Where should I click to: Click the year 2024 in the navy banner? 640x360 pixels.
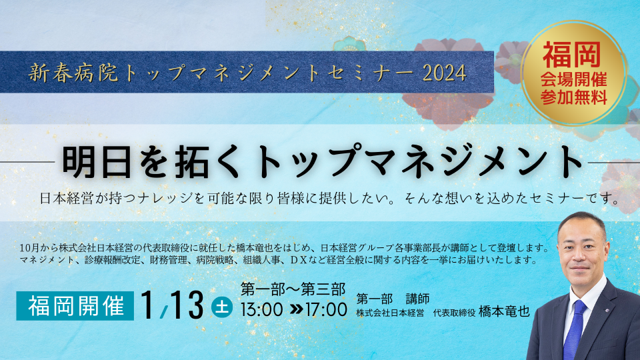[444, 73]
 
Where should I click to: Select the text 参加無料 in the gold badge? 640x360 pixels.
[573, 97]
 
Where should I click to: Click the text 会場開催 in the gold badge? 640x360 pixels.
[573, 80]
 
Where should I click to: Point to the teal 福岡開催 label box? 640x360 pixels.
[75, 306]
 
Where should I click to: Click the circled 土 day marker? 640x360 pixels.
[222, 307]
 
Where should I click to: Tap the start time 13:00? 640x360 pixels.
[261, 310]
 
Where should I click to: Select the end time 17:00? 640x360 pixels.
[326, 310]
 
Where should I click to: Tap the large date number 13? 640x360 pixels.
[186, 306]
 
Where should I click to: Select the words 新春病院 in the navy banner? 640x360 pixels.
[73, 73]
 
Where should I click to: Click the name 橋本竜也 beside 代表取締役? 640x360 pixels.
[504, 311]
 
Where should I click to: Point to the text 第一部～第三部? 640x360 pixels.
[293, 289]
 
